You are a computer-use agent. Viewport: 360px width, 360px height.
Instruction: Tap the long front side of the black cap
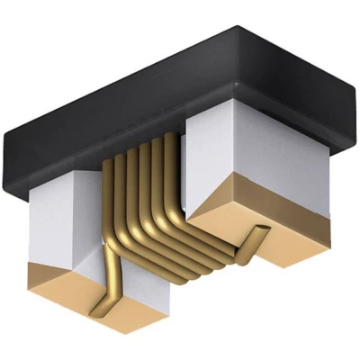tap(117, 144)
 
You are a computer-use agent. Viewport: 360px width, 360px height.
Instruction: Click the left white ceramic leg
tap(63, 225)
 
